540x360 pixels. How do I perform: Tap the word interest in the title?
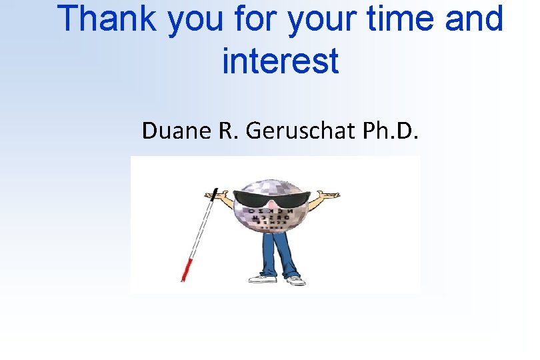pyautogui.click(x=280, y=61)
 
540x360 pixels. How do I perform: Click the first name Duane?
pyautogui.click(x=175, y=131)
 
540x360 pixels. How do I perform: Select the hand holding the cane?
pyautogui.click(x=215, y=199)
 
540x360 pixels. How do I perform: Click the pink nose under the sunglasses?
pyautogui.click(x=271, y=208)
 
